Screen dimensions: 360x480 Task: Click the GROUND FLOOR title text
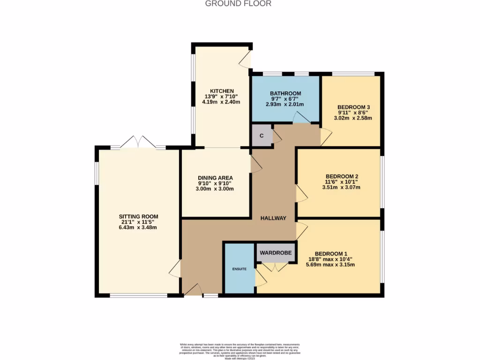pyautogui.click(x=238, y=4)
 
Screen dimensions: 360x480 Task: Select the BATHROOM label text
pyautogui.click(x=285, y=93)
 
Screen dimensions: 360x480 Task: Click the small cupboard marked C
pyautogui.click(x=262, y=136)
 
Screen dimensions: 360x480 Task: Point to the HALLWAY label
pyautogui.click(x=274, y=218)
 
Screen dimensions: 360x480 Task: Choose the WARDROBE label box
pyautogui.click(x=276, y=253)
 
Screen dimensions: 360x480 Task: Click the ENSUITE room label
pyautogui.click(x=240, y=269)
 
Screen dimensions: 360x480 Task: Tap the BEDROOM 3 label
pyautogui.click(x=354, y=107)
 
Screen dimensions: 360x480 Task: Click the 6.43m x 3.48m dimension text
pyautogui.click(x=138, y=228)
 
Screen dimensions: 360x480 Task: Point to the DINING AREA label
pyautogui.click(x=216, y=178)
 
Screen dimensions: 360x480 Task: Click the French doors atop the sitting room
pyautogui.click(x=138, y=142)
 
